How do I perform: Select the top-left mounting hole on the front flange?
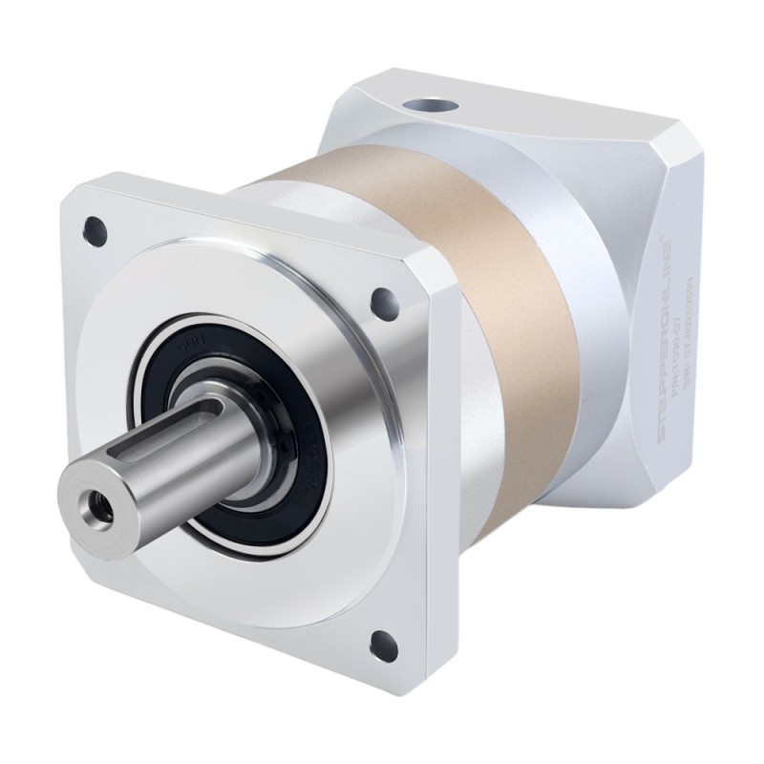[x=94, y=227]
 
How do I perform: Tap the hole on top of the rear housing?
[x=425, y=103]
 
